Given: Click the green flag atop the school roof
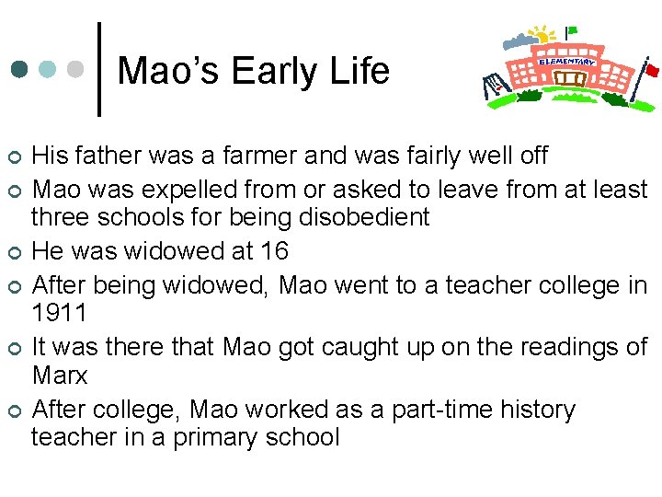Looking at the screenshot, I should click(x=572, y=30).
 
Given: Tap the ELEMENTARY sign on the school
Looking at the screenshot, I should click(x=566, y=62).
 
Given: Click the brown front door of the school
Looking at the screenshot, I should click(x=572, y=81).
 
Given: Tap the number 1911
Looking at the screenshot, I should click(x=59, y=313).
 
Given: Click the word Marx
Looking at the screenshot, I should click(x=60, y=376).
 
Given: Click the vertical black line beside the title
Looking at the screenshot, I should click(x=98, y=69).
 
